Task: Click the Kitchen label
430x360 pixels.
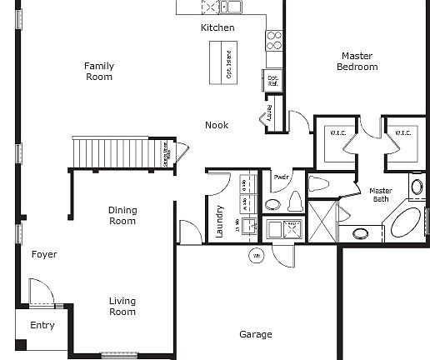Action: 217,27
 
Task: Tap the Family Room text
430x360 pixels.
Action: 99,72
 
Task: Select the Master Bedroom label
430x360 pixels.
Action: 357,62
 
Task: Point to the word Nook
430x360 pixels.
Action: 217,125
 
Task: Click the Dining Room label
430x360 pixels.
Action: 122,216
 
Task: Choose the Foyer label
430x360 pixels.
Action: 44,254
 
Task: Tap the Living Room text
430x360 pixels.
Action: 122,307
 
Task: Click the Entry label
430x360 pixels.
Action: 42,325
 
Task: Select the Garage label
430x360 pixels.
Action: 256,334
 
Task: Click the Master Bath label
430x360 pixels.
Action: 381,195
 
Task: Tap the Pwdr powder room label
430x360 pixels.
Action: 279,177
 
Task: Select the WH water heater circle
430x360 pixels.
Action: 257,255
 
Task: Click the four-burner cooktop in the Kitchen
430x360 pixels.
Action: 273,39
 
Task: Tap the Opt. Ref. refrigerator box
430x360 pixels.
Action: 272,79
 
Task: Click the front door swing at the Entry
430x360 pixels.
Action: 39,292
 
